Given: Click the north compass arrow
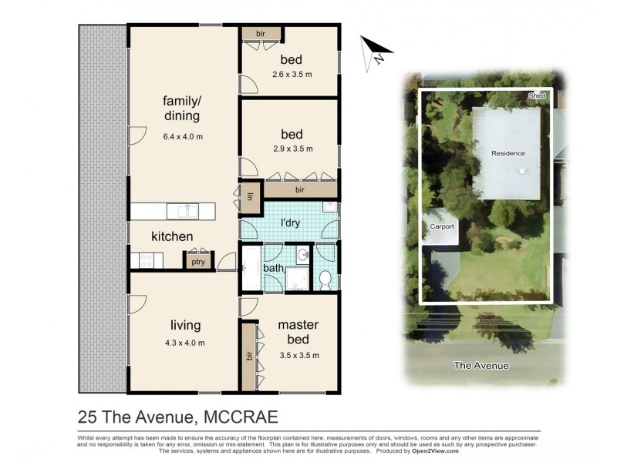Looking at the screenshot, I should [377, 50].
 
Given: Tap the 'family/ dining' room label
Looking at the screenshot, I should [181, 109].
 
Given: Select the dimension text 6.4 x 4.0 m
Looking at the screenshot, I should [182, 137].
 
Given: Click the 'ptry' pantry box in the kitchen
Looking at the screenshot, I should [196, 262].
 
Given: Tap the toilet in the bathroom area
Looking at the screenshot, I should [325, 279].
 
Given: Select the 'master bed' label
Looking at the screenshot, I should [298, 332].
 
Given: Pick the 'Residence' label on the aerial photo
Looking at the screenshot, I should [508, 153].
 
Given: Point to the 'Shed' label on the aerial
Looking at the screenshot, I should [537, 95].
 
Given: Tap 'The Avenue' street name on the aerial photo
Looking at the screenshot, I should [481, 366].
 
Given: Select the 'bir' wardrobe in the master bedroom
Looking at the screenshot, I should [249, 355].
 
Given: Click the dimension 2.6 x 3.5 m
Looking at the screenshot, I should [291, 75].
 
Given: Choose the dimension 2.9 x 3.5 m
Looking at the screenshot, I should [291, 149].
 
